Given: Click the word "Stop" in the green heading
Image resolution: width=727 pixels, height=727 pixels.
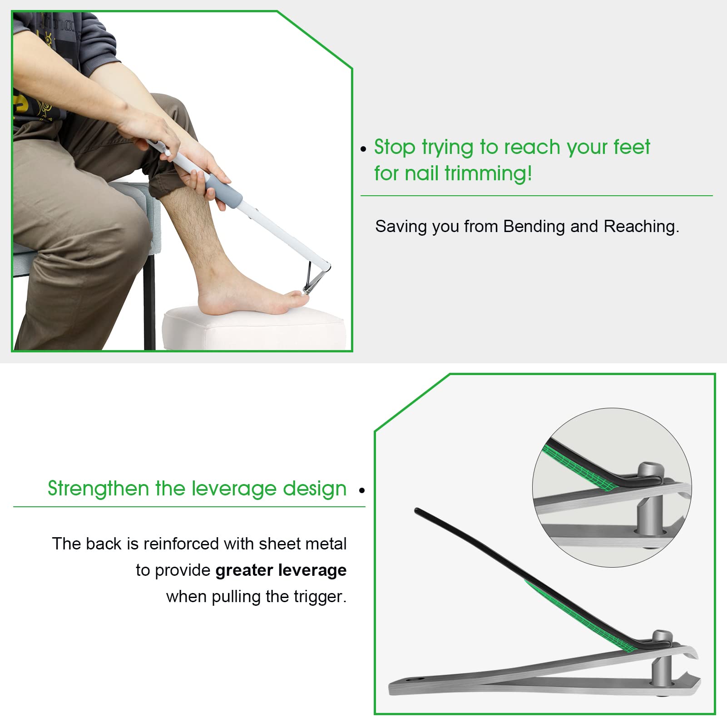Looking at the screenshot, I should click(x=394, y=148).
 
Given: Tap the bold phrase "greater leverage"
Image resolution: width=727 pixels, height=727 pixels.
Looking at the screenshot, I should click(x=281, y=570).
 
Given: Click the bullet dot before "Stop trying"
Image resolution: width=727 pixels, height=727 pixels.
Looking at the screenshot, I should click(x=363, y=149).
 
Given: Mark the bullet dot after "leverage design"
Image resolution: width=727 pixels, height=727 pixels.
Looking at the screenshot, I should click(x=362, y=490).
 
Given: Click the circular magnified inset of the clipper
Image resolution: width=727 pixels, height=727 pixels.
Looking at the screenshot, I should click(x=612, y=487).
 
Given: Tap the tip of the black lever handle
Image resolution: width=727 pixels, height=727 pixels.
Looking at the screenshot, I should click(x=417, y=511).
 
